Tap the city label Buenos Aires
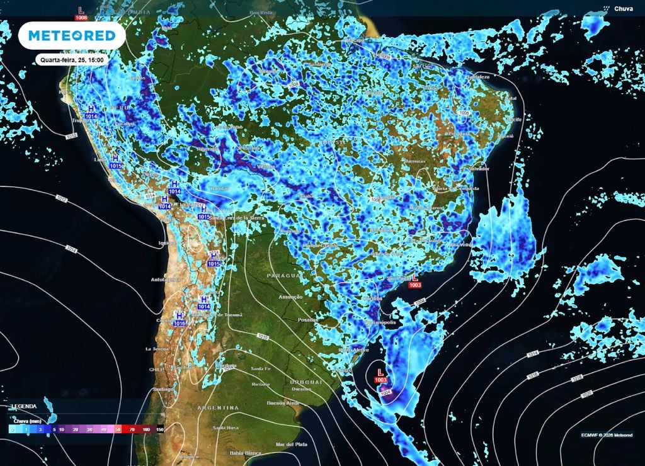282,402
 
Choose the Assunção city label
291,297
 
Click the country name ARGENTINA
218,408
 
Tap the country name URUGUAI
305,382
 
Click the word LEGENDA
23,406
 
